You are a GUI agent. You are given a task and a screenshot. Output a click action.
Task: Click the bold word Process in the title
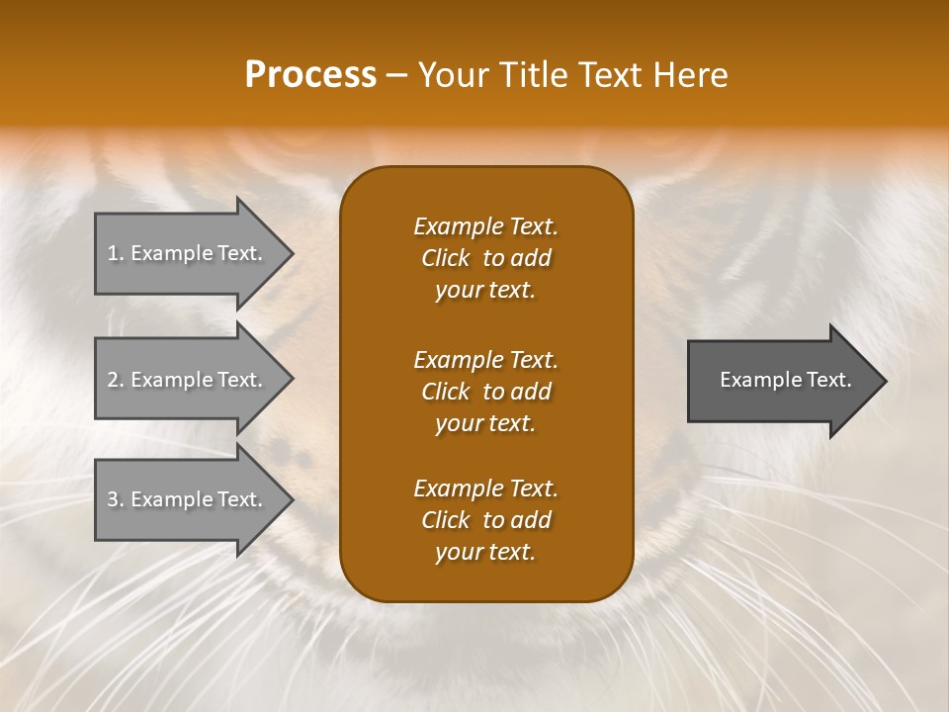click(310, 75)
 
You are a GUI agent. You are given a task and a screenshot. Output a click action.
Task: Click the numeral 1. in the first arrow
click(116, 253)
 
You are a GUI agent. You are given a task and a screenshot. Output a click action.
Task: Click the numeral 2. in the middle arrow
click(116, 380)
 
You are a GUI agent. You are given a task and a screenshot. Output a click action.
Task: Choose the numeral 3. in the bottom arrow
click(116, 499)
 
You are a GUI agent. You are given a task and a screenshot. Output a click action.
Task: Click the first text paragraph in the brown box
click(485, 258)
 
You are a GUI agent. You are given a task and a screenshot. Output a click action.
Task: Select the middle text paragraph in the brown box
click(485, 392)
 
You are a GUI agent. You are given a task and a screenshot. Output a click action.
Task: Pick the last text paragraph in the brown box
click(485, 520)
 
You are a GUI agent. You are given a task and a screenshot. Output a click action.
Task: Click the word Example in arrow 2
click(170, 380)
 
